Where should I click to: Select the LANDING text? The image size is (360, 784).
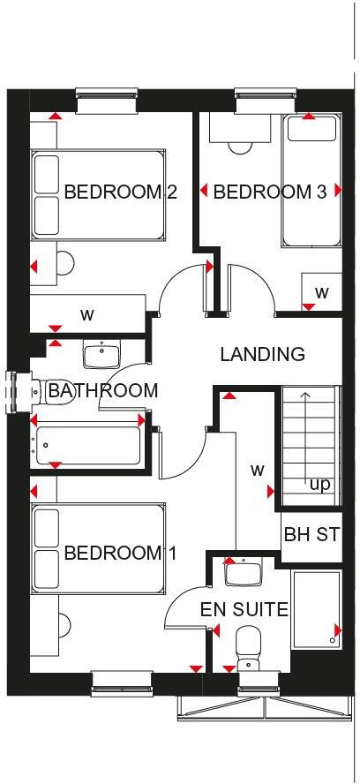(262, 355)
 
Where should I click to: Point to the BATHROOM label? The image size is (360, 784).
(103, 390)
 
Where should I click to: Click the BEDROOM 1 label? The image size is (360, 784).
(120, 554)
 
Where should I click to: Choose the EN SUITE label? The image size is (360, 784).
(244, 608)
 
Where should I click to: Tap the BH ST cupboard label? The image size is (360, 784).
(311, 535)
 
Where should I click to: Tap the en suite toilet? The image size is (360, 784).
(248, 646)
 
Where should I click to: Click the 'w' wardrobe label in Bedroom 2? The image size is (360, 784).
(86, 313)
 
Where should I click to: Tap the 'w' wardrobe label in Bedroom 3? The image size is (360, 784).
(322, 291)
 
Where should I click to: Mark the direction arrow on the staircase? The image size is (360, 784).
(304, 433)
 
